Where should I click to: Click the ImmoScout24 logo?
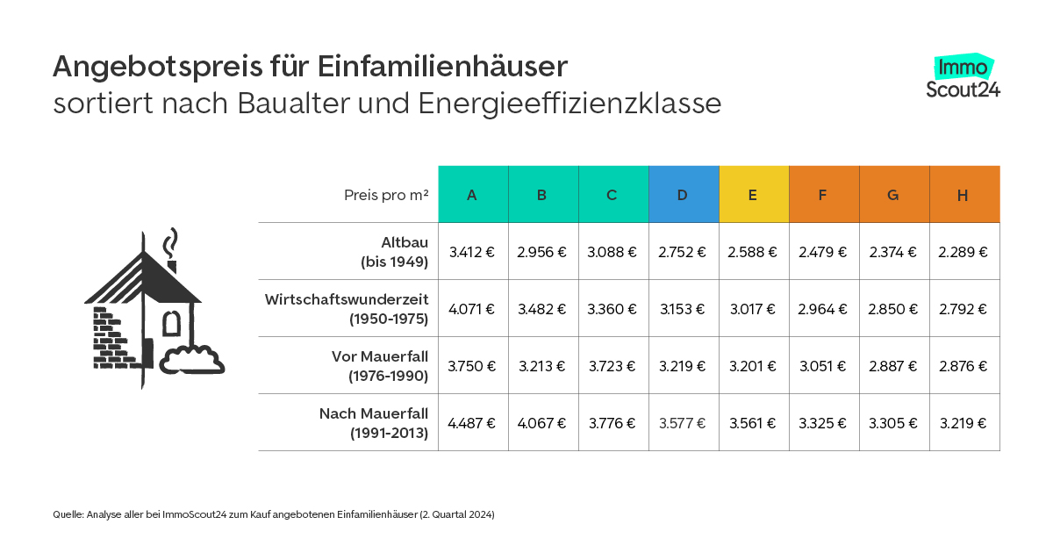tap(963, 77)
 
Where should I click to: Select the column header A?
tap(472, 195)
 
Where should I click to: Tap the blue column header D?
tap(683, 195)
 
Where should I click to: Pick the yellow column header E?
tap(753, 195)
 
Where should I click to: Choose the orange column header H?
tap(963, 195)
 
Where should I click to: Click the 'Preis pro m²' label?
tap(386, 195)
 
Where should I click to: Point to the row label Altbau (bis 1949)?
tap(392, 251)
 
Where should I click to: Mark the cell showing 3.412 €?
tap(472, 252)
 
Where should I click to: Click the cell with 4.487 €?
tap(472, 423)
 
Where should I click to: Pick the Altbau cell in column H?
tap(963, 252)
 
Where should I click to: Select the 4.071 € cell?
tap(472, 309)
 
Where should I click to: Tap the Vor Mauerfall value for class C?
tap(612, 366)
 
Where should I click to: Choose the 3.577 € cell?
tap(683, 423)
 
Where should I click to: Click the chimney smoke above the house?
tap(173, 241)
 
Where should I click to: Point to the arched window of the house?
tap(172, 322)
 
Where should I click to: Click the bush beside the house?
tap(193, 361)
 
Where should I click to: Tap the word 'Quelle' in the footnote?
tap(67, 515)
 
